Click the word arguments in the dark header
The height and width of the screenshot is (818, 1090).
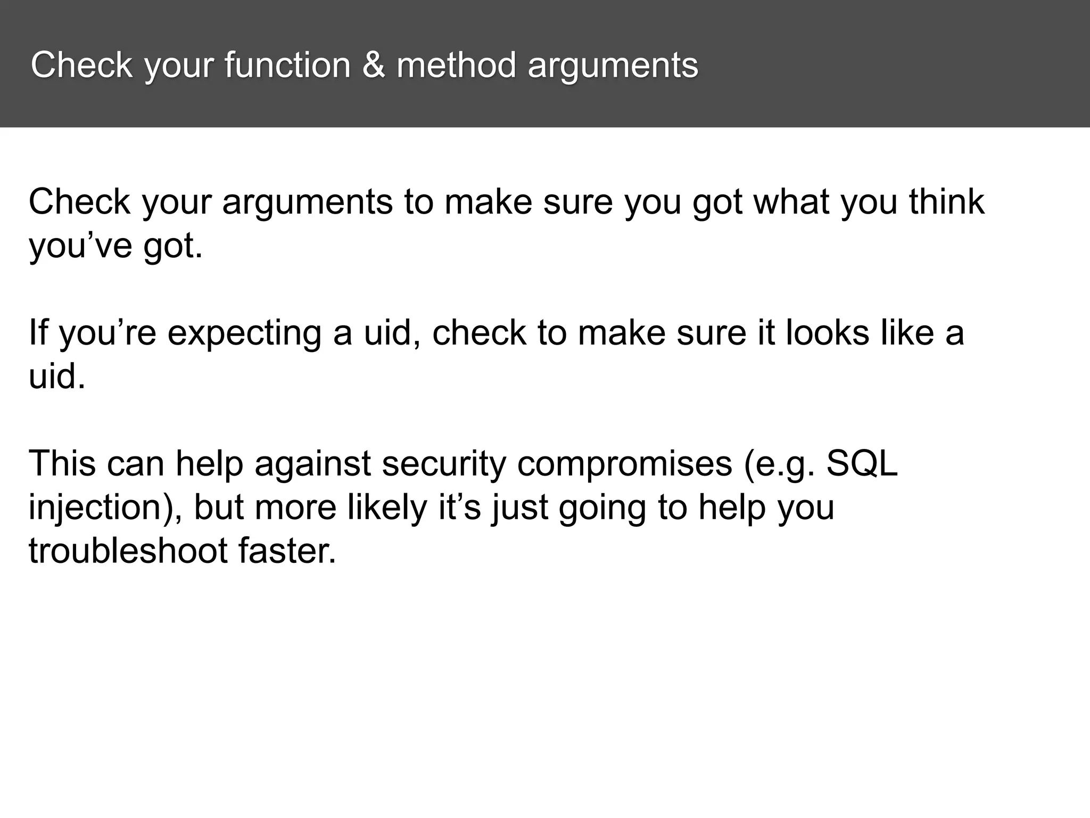click(x=613, y=66)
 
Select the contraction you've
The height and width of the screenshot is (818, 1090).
click(x=80, y=247)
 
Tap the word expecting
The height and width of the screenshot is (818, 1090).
click(x=244, y=334)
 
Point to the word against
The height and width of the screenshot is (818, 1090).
click(x=312, y=463)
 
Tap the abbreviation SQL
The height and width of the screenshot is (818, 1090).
click(x=862, y=463)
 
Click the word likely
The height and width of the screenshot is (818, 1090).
click(x=387, y=508)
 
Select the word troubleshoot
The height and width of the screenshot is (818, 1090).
click(x=128, y=551)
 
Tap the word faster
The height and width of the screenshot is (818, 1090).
click(x=287, y=551)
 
